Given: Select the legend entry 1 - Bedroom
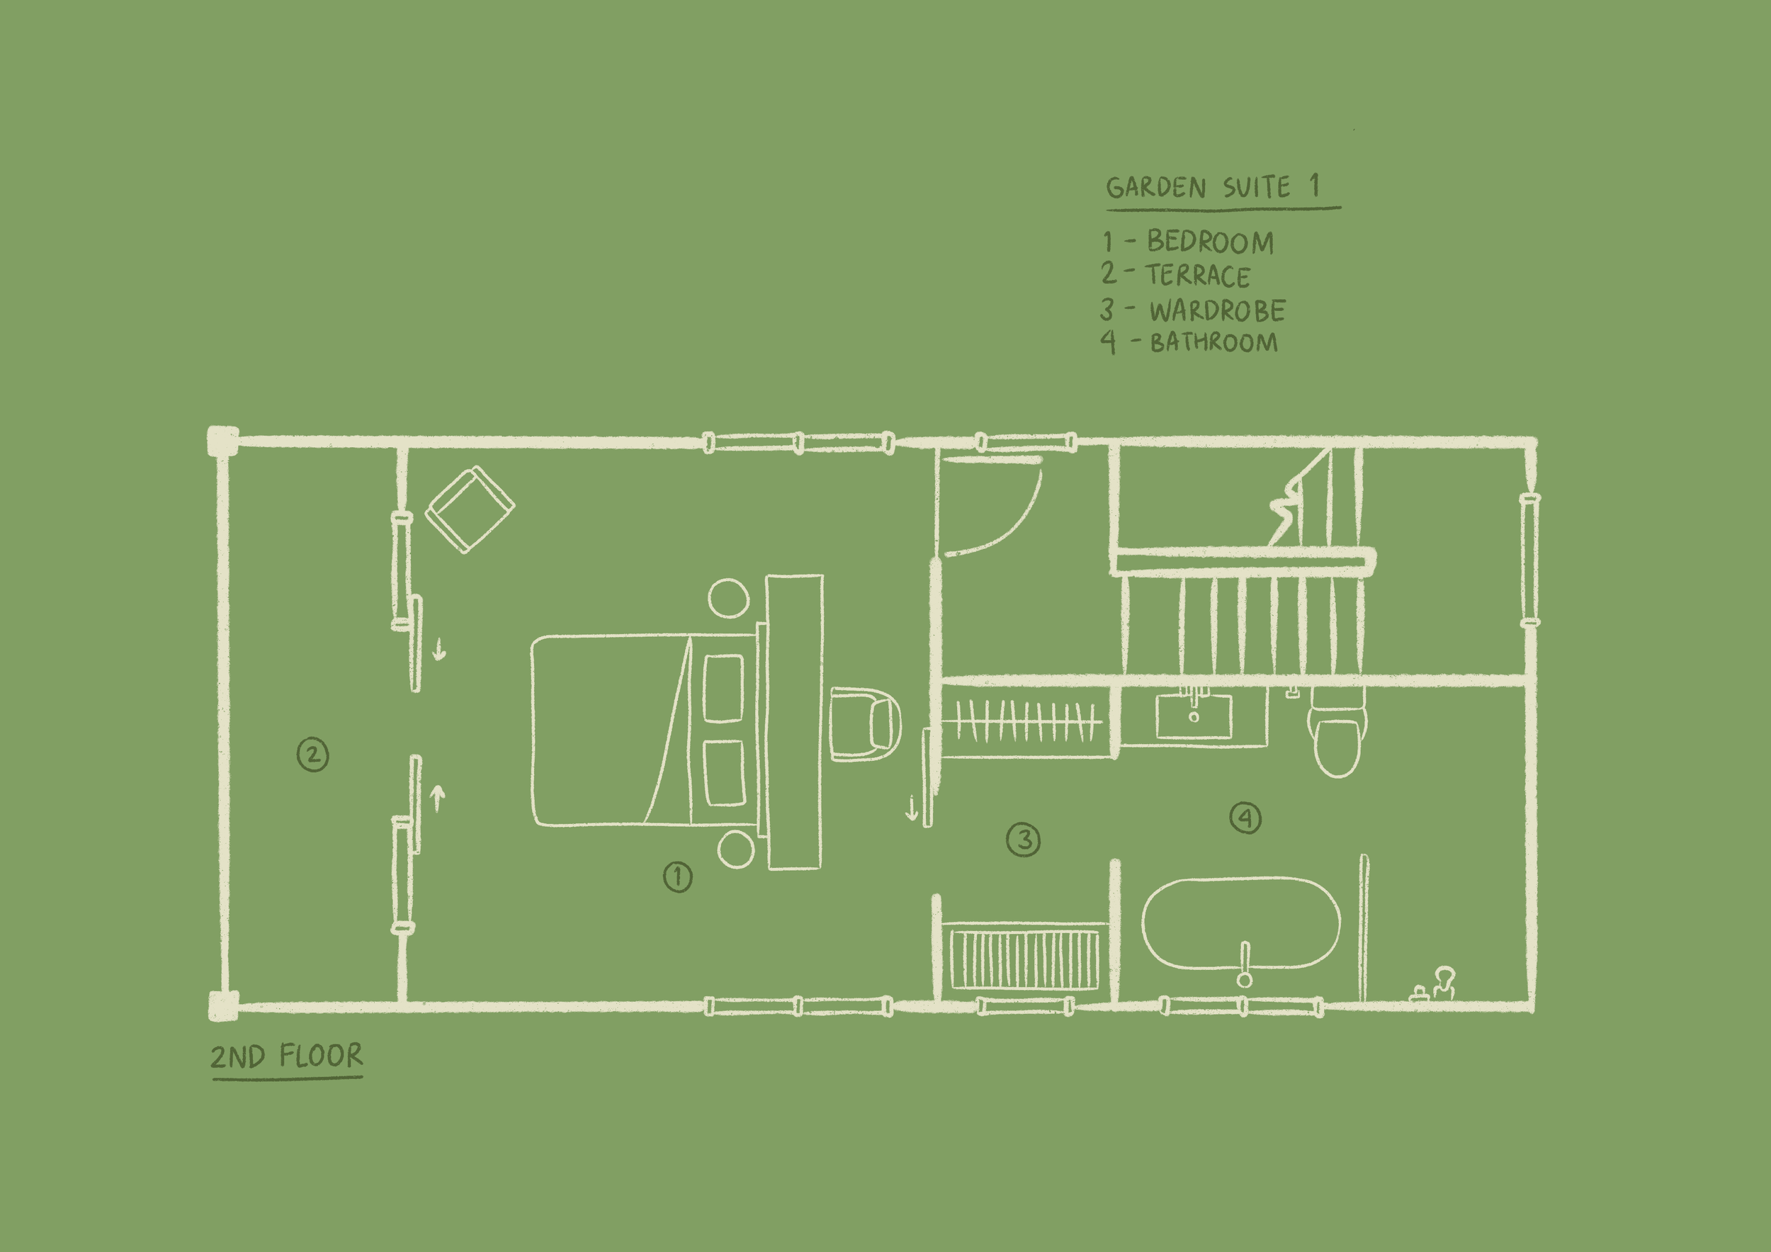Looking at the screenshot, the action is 1188,242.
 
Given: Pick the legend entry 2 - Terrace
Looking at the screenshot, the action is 1175,276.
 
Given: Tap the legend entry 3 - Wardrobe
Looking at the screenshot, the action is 1192,310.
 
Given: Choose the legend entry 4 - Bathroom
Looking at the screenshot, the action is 1189,342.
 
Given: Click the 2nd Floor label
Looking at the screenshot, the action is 286,1055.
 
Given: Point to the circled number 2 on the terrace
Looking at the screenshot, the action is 312,755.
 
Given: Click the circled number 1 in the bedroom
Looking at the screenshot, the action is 678,876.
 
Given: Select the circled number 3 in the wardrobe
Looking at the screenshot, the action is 1024,840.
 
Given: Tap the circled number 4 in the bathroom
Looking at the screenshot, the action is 1245,818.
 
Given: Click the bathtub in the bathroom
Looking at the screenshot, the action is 1240,922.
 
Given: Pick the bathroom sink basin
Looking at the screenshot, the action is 1193,716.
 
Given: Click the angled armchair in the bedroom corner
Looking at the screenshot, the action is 470,509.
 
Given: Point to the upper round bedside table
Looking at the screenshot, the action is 728,598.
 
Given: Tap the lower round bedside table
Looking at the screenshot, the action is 736,849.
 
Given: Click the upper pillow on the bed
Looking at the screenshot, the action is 724,688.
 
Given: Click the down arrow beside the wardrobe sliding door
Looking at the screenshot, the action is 911,808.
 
